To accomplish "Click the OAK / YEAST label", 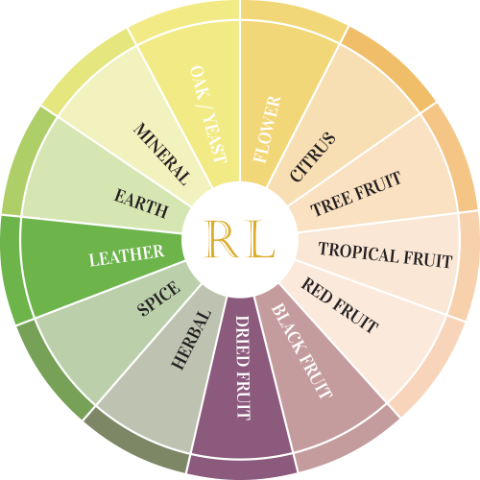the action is [208, 114].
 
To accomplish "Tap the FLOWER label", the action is [267, 129].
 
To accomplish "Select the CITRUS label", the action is [313, 156].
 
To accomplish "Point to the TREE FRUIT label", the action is [356, 193].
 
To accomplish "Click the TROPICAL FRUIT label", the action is [386, 255].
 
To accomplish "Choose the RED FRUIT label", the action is [340, 305].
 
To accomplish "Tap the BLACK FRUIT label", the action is [301, 351].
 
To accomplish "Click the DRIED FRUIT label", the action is [243, 368].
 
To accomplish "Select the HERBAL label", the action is [191, 340].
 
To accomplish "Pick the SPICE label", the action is [158, 299].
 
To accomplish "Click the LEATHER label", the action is [127, 255].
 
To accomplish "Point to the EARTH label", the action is [141, 204].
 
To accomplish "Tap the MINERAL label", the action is [161, 154].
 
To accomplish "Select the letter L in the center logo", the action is [258, 239].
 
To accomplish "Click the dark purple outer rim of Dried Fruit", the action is [242, 468].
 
